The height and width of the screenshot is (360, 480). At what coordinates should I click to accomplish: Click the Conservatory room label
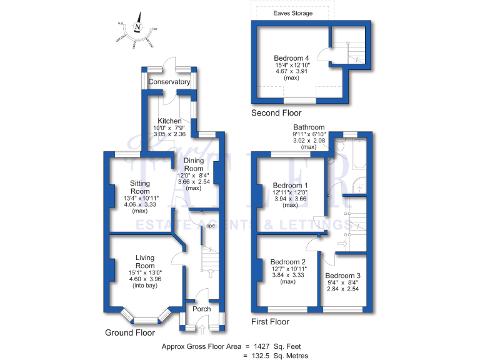(x=169, y=82)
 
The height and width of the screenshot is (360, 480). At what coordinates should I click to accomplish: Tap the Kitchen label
(x=169, y=121)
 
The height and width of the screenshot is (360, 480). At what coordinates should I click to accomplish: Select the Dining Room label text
(x=194, y=164)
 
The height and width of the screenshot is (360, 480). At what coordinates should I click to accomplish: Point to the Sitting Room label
(x=140, y=187)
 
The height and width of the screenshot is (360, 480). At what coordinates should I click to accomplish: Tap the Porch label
(x=202, y=309)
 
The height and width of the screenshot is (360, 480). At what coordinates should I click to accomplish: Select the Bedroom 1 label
(x=291, y=186)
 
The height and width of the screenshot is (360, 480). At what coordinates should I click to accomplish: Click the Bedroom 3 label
(x=342, y=276)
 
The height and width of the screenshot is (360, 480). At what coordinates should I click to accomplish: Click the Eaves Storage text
(x=293, y=13)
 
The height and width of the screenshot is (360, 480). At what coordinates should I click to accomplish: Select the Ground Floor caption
(x=129, y=333)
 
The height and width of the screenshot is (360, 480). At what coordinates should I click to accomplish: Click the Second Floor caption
(x=276, y=113)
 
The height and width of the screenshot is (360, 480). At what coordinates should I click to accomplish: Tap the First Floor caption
(x=270, y=322)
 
